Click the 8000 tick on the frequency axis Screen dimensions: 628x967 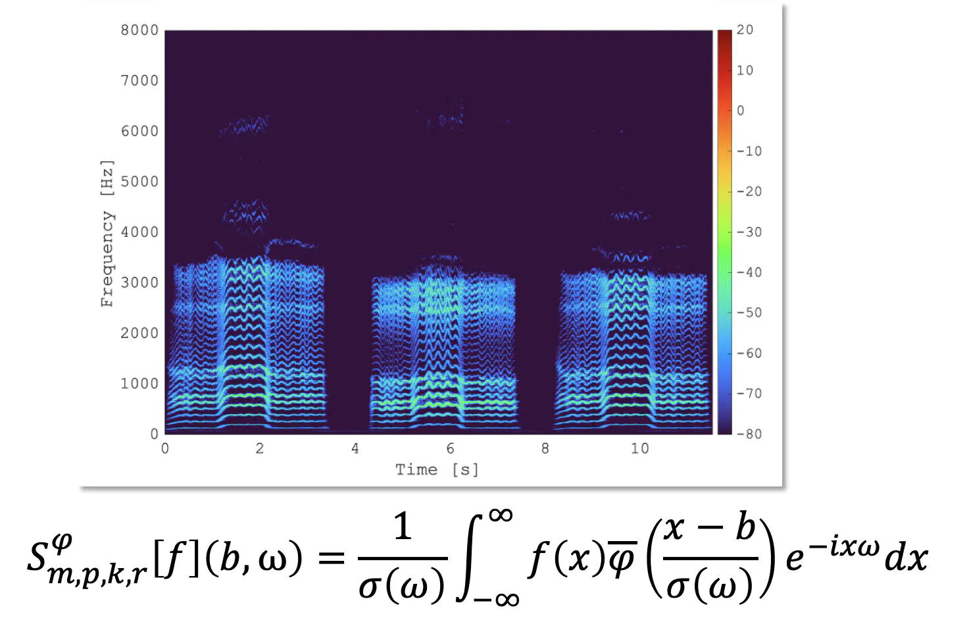pyautogui.click(x=139, y=30)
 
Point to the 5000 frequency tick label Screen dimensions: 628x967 pyautogui.click(x=139, y=182)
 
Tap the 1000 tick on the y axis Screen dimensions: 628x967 pyautogui.click(x=139, y=384)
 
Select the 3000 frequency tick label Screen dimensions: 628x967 pyautogui.click(x=139, y=283)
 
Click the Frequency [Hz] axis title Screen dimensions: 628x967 pyautogui.click(x=107, y=234)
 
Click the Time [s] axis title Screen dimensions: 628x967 pyautogui.click(x=437, y=469)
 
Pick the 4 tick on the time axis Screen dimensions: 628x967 pyautogui.click(x=355, y=449)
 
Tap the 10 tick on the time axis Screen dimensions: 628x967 pyautogui.click(x=639, y=449)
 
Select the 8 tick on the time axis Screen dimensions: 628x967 pyautogui.click(x=545, y=449)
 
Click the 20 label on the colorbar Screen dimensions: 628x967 pyautogui.click(x=745, y=30)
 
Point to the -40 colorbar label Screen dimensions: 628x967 pyautogui.click(x=748, y=273)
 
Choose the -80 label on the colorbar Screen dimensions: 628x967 pyautogui.click(x=748, y=434)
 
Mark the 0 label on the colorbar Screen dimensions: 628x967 pyautogui.click(x=741, y=111)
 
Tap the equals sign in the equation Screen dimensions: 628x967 pyautogui.click(x=331, y=558)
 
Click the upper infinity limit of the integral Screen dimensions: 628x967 pyautogui.click(x=501, y=515)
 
